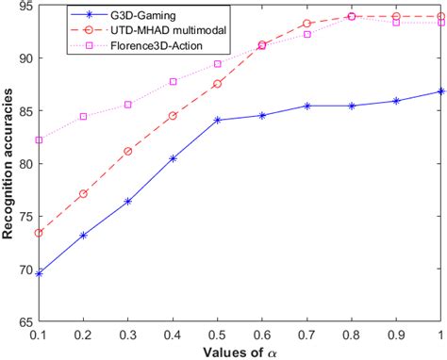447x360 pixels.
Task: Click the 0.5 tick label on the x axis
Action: click(x=217, y=334)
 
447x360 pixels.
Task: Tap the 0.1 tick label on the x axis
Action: click(x=39, y=334)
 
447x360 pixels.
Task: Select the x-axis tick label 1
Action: click(x=440, y=334)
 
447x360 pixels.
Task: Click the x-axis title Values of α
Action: click(x=239, y=351)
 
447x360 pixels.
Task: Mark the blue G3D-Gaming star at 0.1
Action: click(x=39, y=273)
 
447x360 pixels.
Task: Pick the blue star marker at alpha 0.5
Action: click(x=217, y=121)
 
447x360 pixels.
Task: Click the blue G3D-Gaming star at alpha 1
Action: click(x=440, y=91)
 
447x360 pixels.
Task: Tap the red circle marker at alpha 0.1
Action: click(x=39, y=233)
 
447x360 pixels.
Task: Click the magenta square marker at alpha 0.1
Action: click(x=39, y=139)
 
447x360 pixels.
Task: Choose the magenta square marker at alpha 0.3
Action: click(x=127, y=105)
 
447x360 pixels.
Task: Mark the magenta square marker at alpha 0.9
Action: click(x=396, y=23)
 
